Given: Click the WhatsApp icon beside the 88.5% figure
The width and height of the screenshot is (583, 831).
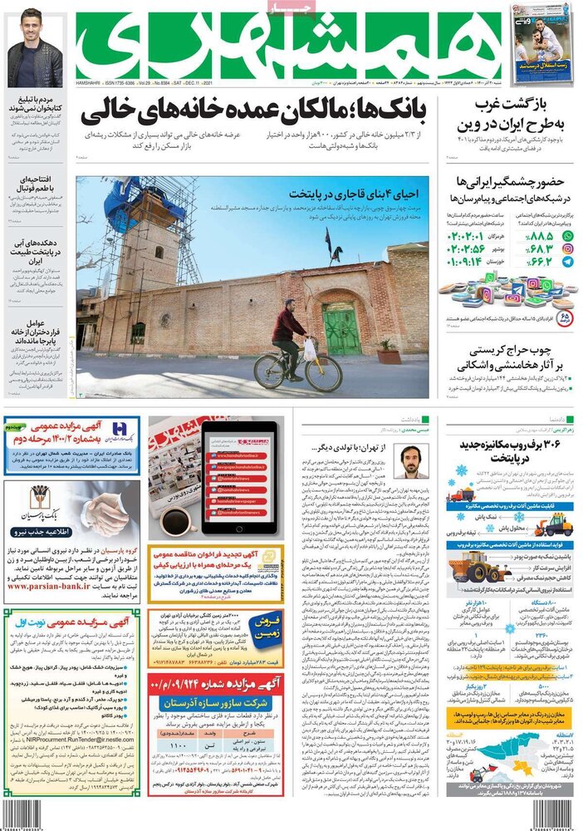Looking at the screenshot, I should click(568, 237).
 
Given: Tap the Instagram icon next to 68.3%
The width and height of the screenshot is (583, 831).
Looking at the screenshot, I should click(568, 248).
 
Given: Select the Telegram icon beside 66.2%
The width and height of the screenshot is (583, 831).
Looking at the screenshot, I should click(568, 261).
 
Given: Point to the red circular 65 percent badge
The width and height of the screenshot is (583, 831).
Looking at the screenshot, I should click(566, 317).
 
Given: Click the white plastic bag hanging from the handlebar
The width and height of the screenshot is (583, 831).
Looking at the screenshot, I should click(310, 349).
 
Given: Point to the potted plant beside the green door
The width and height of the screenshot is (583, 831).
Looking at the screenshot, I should click(388, 353).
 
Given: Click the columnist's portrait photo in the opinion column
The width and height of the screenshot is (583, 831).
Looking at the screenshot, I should click(411, 461).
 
